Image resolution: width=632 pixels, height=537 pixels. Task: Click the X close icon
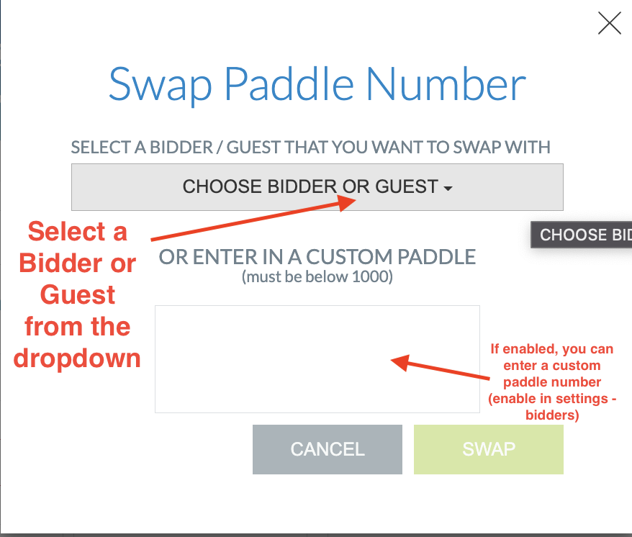pos(609,24)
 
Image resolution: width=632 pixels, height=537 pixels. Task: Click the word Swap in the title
pos(160,84)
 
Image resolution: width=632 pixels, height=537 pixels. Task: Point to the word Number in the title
pos(446,84)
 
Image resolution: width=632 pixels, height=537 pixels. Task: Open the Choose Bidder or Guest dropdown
pos(317,187)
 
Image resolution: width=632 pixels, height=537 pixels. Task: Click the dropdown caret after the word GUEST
pos(448,189)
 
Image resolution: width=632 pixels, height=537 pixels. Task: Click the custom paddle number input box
pos(317,358)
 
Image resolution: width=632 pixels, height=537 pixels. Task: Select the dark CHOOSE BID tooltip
pos(582,235)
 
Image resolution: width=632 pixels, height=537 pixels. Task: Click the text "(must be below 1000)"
pos(317,276)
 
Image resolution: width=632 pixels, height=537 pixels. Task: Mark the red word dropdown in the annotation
pos(77,358)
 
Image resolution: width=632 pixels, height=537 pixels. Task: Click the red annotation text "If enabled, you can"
pos(552,349)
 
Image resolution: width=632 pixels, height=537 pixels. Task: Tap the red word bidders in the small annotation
pos(552,415)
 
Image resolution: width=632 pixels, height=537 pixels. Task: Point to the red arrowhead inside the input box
pos(399,361)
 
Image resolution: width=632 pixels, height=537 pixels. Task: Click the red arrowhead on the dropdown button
pos(348,202)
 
